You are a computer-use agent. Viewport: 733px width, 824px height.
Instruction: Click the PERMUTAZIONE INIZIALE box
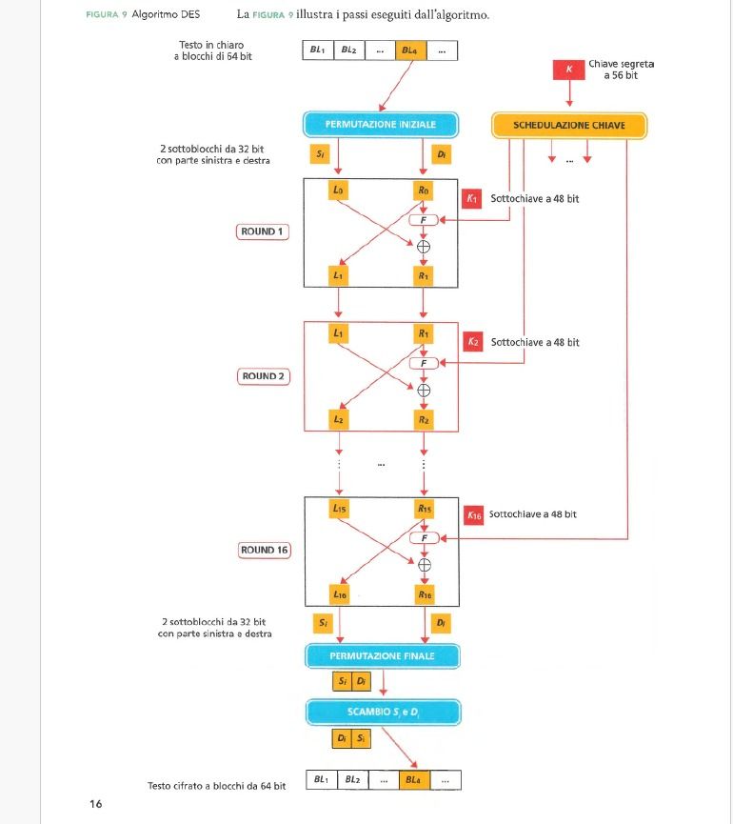(x=381, y=125)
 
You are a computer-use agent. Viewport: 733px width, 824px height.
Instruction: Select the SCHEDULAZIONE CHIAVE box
(x=568, y=125)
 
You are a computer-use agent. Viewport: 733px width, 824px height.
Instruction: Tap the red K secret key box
(x=569, y=70)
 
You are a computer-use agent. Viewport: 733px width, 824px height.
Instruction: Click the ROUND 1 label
(x=262, y=231)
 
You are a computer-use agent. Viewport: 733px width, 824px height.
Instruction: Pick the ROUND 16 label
(x=264, y=551)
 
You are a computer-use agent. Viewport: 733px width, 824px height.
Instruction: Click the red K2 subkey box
(x=474, y=342)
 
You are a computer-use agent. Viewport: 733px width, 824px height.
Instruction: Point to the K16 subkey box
(x=474, y=514)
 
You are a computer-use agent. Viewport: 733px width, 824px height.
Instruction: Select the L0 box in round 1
(x=338, y=191)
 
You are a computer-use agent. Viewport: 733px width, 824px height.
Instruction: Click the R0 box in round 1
(x=424, y=191)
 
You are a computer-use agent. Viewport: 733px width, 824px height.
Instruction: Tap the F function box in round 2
(x=425, y=363)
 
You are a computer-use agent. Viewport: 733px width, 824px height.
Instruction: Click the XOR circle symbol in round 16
(x=425, y=565)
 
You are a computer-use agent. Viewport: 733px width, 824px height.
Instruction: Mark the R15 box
(x=425, y=510)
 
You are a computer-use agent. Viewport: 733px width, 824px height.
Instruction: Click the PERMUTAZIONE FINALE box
(x=382, y=656)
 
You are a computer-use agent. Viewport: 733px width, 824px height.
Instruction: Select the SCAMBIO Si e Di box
(x=383, y=712)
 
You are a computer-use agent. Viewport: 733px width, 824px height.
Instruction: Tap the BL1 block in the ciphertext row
(x=321, y=780)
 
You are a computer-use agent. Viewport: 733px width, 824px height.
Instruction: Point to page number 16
(x=95, y=804)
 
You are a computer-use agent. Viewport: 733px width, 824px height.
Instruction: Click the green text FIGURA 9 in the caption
(x=106, y=15)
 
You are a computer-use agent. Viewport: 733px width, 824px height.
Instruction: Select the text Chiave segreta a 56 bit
(x=621, y=70)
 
